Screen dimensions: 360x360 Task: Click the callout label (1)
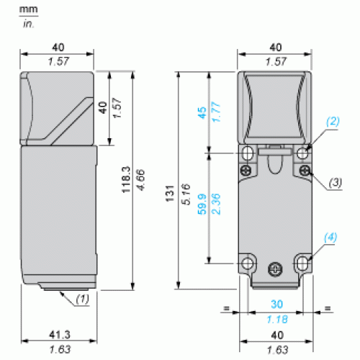tap(82, 299)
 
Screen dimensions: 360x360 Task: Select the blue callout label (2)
tap(333, 122)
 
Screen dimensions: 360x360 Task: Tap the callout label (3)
tap(336, 183)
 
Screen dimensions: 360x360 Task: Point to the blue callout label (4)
tap(330, 237)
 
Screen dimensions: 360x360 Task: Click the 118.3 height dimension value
tap(126, 179)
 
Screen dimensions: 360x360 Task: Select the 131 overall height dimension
tap(170, 194)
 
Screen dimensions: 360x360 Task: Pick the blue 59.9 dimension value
tap(202, 204)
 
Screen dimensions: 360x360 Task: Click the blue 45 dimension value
tap(202, 113)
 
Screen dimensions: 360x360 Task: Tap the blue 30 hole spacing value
tap(276, 304)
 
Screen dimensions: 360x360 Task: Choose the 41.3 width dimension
tap(60, 335)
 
